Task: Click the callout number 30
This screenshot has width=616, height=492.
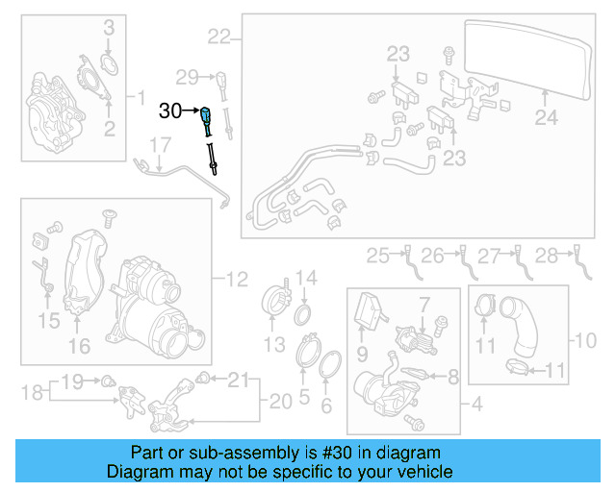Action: [169, 111]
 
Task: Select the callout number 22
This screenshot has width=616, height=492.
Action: [218, 37]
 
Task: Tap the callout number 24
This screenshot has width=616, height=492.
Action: [546, 118]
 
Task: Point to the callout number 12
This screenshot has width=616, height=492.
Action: [237, 281]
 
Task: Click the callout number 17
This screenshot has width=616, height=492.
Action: [159, 146]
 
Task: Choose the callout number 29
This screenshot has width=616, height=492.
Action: [187, 76]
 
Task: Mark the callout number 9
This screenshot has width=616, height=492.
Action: [585, 340]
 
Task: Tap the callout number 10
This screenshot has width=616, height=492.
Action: [377, 255]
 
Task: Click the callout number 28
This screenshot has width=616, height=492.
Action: [108, 27]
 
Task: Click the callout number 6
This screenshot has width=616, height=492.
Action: [32, 392]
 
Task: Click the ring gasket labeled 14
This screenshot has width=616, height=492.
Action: [525, 335]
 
